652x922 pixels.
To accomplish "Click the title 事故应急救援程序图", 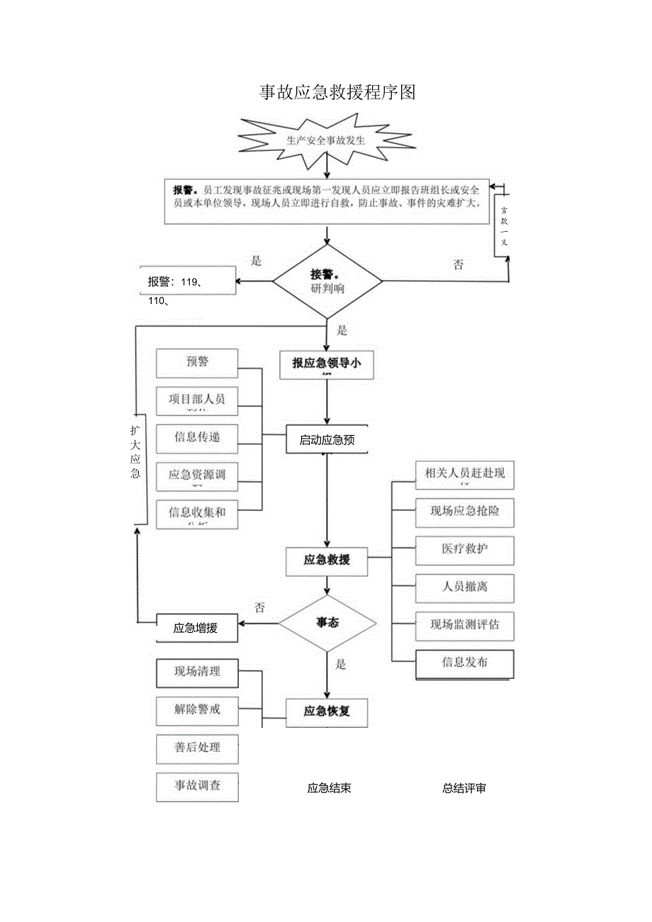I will click(337, 92).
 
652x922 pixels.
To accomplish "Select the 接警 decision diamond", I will click(327, 281).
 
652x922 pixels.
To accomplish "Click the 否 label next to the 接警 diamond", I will click(458, 264).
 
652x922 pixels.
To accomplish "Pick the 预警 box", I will click(197, 362).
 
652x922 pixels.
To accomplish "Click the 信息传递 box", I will click(197, 437).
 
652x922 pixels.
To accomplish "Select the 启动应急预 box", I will click(327, 440).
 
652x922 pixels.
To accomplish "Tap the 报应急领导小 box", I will click(327, 364).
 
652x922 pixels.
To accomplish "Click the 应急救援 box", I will click(327, 559).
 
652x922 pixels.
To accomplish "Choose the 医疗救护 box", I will click(464, 549).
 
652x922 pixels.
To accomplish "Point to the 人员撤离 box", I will click(464, 587).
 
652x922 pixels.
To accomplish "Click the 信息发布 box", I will click(464, 663).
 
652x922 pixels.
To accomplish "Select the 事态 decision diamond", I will click(327, 623).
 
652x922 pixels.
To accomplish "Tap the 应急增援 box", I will click(197, 628).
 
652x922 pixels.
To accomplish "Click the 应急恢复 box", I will click(327, 712).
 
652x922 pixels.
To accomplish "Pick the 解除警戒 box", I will click(197, 709).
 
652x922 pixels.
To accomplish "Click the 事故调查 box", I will click(197, 787).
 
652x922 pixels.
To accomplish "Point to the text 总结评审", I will click(464, 788).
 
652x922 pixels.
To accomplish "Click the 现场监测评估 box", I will click(464, 625).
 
